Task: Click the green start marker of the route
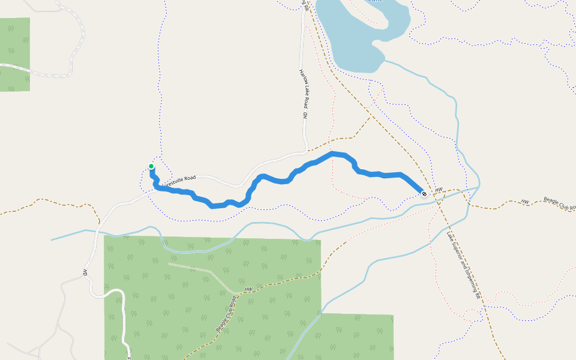[x=151, y=166]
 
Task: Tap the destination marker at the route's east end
[x=424, y=194]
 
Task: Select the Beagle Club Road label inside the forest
[x=225, y=314]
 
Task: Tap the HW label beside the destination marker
[x=439, y=190]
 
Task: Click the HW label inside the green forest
[x=248, y=290]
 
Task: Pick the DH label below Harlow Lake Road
[x=305, y=114]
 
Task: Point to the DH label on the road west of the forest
[x=86, y=272]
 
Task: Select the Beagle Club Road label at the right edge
[x=559, y=203]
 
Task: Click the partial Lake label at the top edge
[x=374, y=1]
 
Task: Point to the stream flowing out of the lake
[x=420, y=75]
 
